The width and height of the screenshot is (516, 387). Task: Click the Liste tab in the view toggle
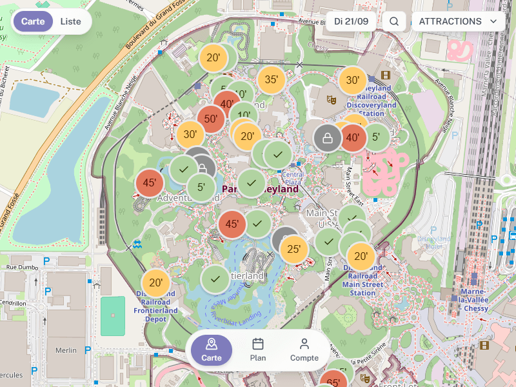[71, 21]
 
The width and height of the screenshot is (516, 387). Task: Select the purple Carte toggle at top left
[33, 21]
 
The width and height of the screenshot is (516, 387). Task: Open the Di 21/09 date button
[352, 21]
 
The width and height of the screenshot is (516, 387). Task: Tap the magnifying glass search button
[394, 21]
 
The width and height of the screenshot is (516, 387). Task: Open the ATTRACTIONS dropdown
[458, 21]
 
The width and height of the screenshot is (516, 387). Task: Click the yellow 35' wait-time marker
[272, 80]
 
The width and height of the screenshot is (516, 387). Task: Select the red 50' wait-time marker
[210, 119]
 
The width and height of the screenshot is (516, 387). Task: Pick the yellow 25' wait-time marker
[293, 249]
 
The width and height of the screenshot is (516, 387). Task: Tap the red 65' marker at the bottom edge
[333, 382]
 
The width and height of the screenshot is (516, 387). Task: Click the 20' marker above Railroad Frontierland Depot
[156, 283]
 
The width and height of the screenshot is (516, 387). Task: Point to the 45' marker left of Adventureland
[150, 183]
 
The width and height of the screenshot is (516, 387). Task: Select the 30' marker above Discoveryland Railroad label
[352, 81]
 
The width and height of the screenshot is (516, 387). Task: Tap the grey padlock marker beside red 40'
[328, 137]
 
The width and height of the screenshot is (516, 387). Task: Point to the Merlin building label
[66, 350]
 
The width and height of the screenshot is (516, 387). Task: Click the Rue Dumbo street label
[21, 266]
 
